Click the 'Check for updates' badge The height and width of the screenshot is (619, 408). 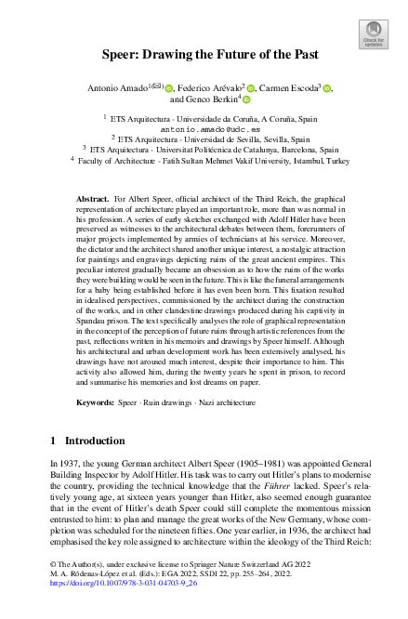(x=373, y=35)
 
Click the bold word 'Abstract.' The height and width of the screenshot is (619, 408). (x=92, y=224)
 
